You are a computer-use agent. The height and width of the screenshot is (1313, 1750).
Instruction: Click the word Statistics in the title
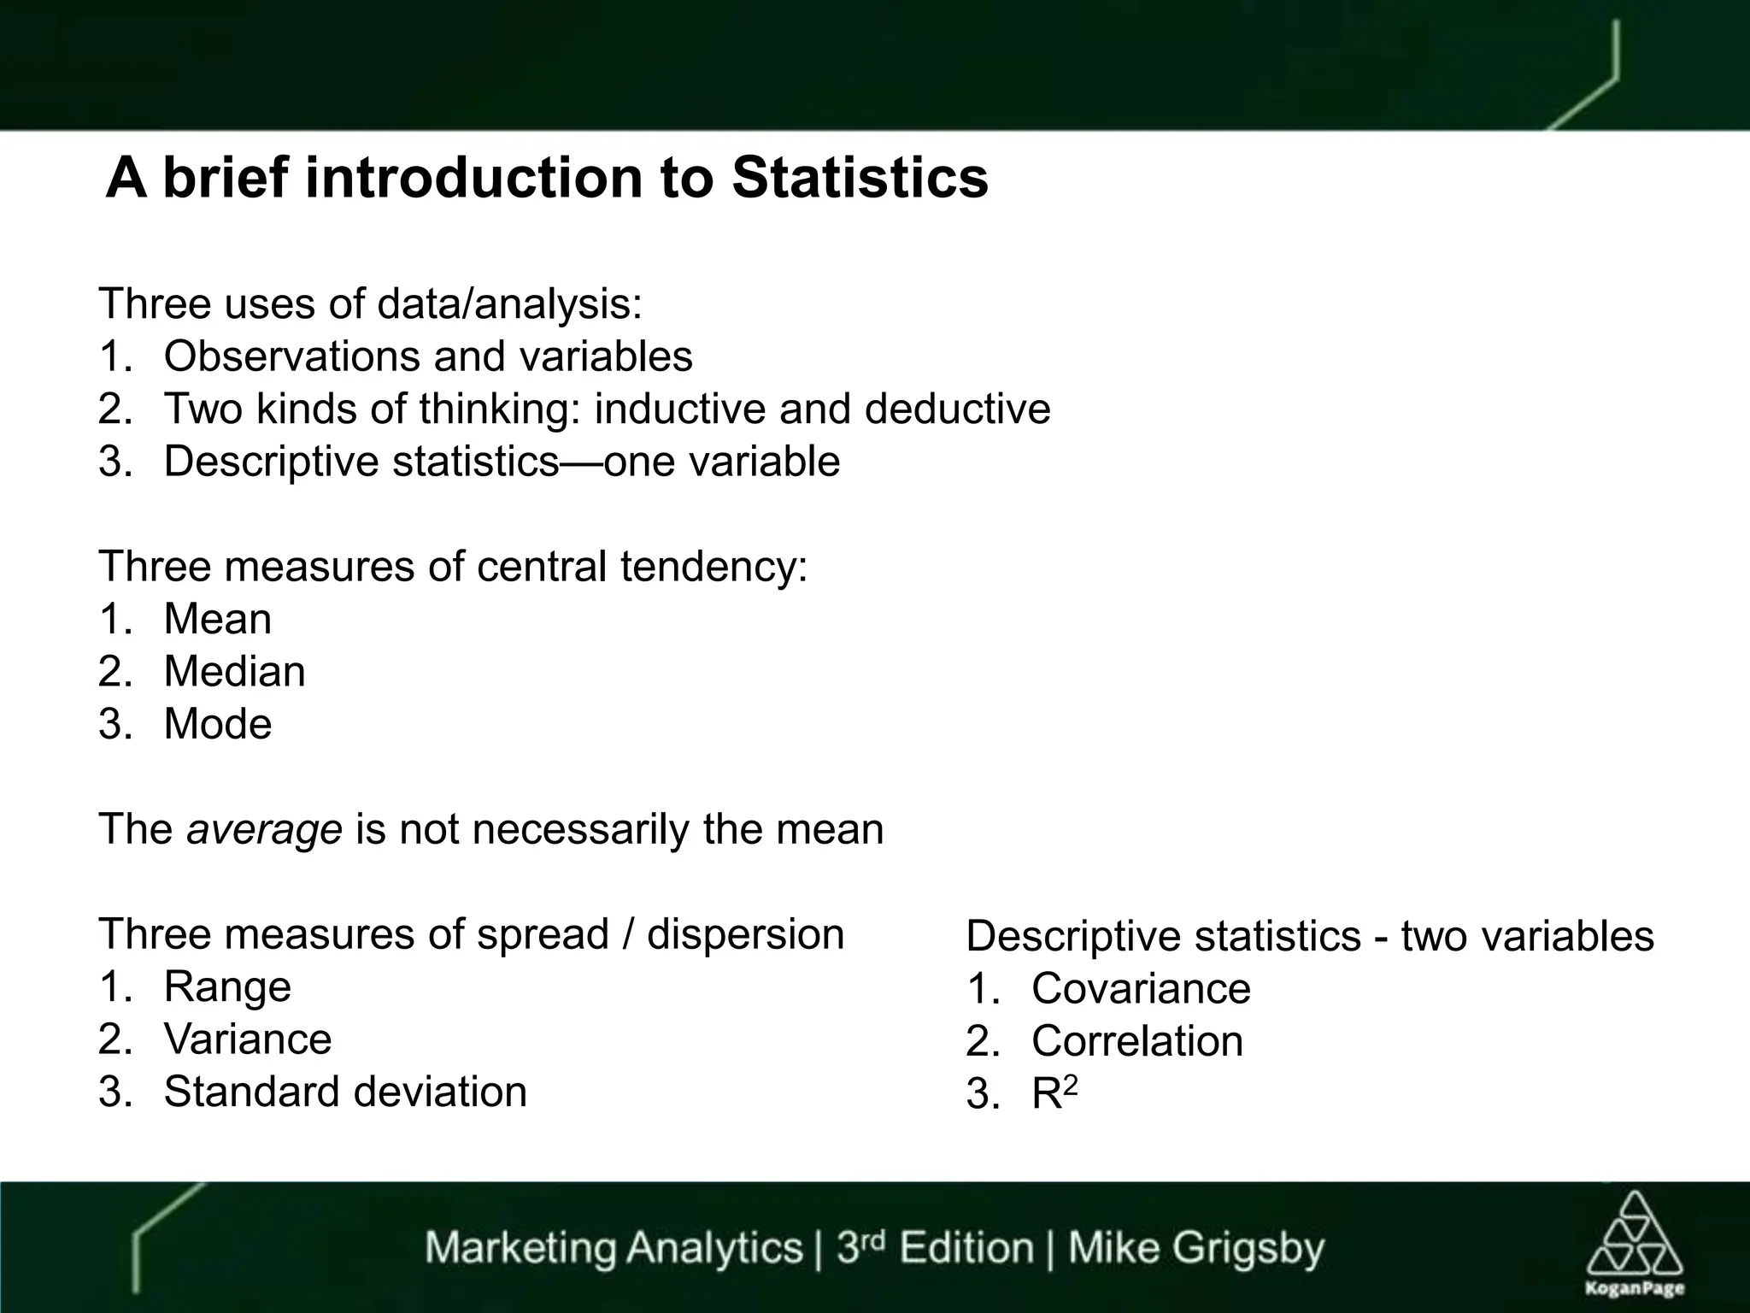860,178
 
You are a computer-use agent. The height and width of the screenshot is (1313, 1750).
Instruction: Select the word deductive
957,409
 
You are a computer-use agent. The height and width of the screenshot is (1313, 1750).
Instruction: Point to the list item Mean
217,619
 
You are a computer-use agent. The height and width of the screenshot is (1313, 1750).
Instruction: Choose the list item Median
234,672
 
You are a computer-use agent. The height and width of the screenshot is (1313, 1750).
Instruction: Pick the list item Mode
217,724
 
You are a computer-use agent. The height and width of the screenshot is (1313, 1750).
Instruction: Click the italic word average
264,829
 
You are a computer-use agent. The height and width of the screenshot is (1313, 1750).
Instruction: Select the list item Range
226,986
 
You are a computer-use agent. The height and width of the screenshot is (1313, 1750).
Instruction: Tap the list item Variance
247,1039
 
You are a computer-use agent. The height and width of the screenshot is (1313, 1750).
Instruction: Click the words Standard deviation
344,1092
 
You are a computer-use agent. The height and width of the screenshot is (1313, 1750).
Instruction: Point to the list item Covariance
1141,989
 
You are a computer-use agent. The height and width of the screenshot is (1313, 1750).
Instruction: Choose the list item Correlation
1137,1041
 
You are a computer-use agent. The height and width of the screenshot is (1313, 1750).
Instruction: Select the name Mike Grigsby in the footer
1195,1248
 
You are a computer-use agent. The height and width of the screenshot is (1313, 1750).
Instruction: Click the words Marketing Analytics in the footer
614,1248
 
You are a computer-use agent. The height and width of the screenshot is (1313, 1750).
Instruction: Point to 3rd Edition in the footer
934,1248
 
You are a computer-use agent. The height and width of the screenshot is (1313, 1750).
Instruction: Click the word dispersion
745,933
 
